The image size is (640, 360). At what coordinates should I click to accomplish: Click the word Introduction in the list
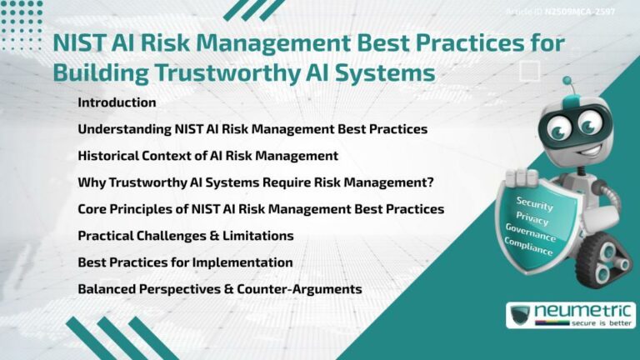pos(117,102)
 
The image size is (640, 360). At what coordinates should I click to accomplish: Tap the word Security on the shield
pos(534,202)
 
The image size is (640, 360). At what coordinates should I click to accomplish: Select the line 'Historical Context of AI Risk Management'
pos(207,156)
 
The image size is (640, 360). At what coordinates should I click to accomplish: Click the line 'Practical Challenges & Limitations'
pos(185,236)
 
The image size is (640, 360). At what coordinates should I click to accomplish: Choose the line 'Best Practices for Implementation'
pos(185,262)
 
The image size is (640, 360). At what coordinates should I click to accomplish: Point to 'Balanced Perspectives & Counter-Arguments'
pos(219,289)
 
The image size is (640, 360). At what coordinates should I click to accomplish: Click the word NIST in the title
pos(78,43)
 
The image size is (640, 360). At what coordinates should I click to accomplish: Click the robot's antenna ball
pos(567,82)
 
